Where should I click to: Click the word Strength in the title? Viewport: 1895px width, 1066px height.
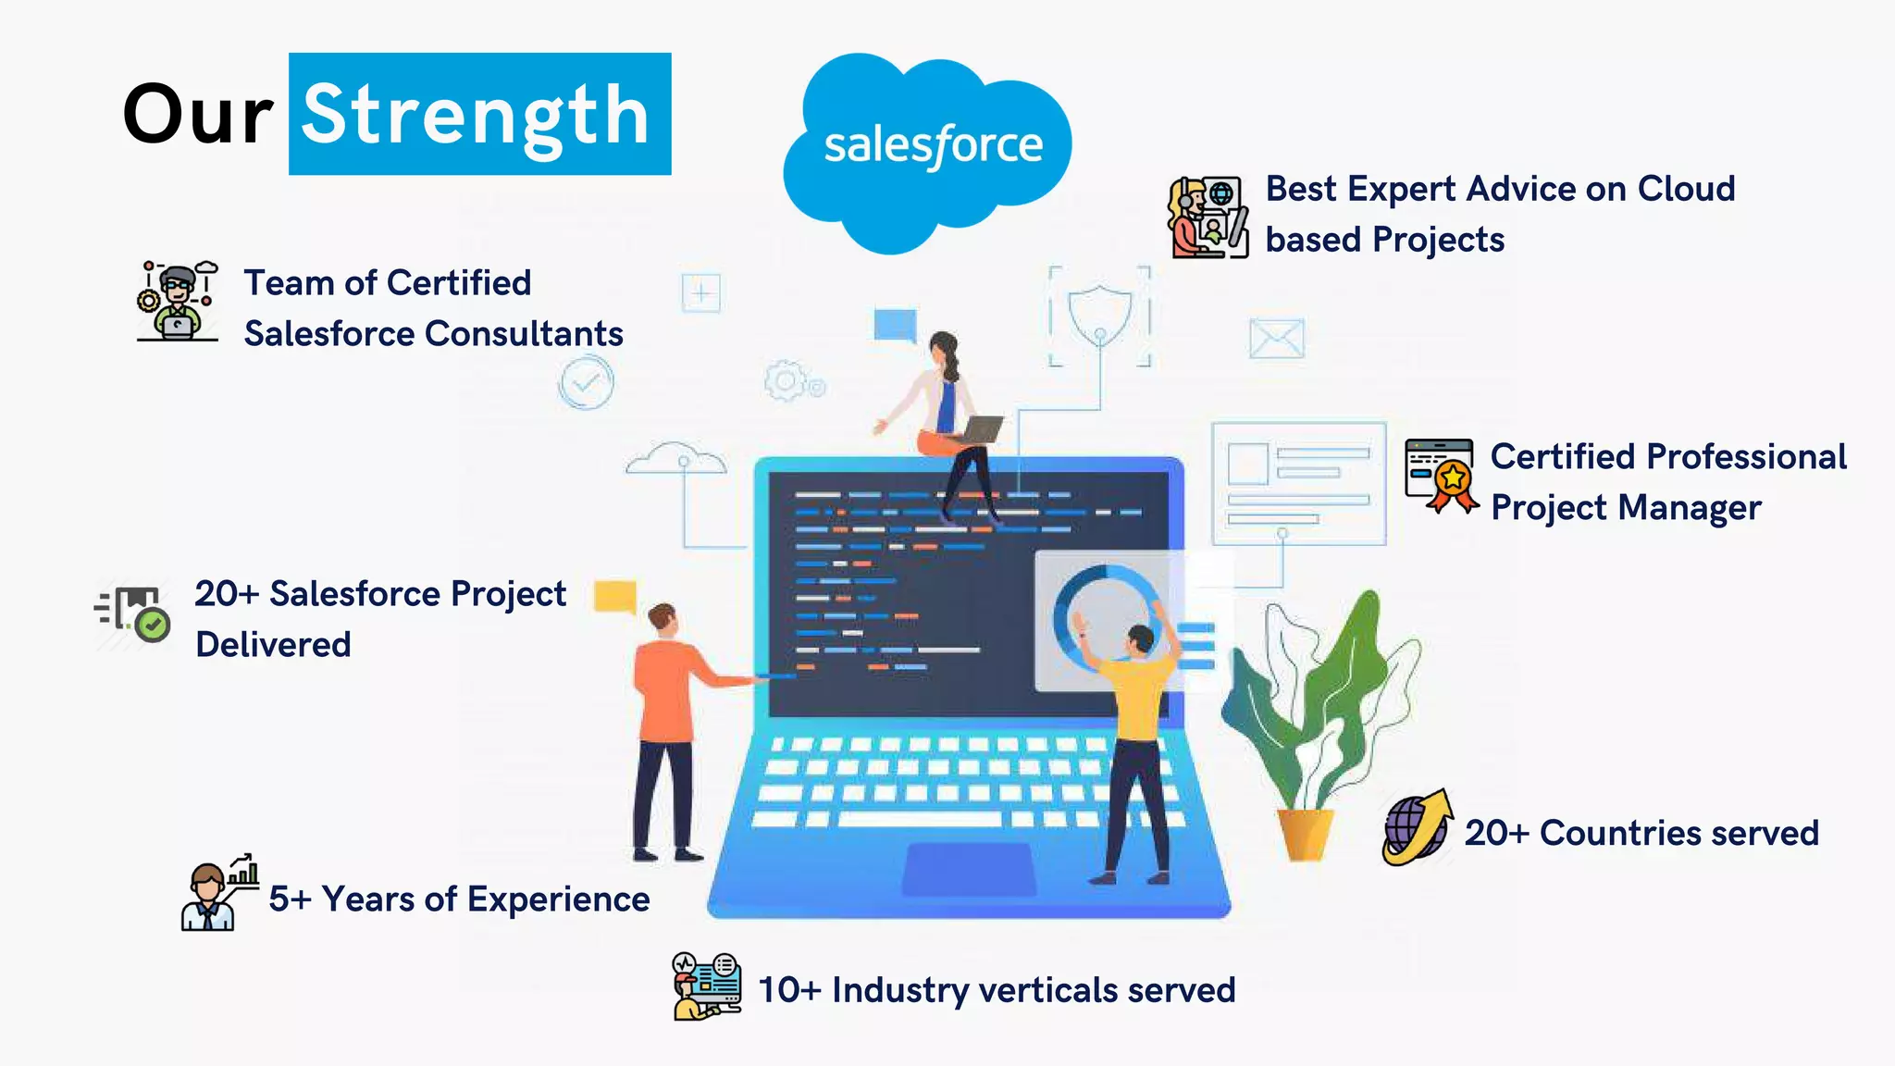(477, 115)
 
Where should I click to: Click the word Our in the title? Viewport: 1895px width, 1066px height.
(197, 115)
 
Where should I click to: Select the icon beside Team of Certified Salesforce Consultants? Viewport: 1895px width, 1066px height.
(178, 301)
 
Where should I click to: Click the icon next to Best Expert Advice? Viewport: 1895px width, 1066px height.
(1208, 217)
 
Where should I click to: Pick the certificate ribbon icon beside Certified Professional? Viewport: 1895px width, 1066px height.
(1441, 476)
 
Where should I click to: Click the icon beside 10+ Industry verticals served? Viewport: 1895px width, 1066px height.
(707, 986)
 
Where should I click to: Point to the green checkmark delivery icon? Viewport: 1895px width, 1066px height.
(135, 613)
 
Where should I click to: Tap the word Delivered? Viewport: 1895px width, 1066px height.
(273, 645)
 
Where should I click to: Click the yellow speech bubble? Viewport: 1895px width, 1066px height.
(615, 597)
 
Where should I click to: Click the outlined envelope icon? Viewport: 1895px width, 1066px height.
(1276, 339)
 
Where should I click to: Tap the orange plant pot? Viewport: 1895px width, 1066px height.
(1305, 833)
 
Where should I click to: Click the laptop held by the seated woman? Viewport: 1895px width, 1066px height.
(981, 429)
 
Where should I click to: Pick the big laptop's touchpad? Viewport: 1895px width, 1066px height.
(968, 870)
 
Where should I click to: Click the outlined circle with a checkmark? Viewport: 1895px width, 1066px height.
(586, 382)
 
